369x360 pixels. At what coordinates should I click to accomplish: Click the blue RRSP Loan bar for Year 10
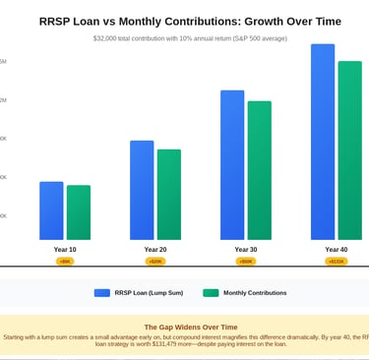pyautogui.click(x=51, y=210)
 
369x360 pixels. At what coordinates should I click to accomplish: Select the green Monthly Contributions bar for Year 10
pyautogui.click(x=78, y=212)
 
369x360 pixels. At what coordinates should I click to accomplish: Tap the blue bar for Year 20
pyautogui.click(x=142, y=190)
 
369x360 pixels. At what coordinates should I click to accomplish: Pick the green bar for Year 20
pyautogui.click(x=168, y=195)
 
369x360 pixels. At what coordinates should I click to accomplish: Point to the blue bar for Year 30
pyautogui.click(x=232, y=165)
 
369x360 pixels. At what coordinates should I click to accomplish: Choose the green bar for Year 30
pyautogui.click(x=259, y=170)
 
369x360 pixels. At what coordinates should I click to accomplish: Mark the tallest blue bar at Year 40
pyautogui.click(x=323, y=142)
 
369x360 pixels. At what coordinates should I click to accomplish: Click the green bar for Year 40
pyautogui.click(x=349, y=150)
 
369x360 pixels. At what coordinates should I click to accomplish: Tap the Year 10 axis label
pyautogui.click(x=65, y=250)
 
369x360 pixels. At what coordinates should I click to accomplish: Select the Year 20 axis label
pyautogui.click(x=155, y=250)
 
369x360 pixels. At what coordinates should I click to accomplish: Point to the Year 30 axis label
pyautogui.click(x=246, y=250)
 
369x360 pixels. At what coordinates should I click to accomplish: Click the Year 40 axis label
pyautogui.click(x=337, y=250)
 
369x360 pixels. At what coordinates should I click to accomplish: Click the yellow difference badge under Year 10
pyautogui.click(x=65, y=262)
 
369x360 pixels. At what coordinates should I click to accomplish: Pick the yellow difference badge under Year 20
pyautogui.click(x=155, y=262)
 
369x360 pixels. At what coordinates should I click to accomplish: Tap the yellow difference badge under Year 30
pyautogui.click(x=246, y=262)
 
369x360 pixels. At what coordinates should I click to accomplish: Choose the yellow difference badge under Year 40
pyautogui.click(x=337, y=262)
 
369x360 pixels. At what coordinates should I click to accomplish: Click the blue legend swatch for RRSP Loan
pyautogui.click(x=102, y=293)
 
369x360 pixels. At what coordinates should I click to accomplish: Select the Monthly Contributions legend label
pyautogui.click(x=255, y=293)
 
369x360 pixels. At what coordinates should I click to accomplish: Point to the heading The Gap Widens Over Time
pyautogui.click(x=191, y=327)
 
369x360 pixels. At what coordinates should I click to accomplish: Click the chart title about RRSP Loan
pyautogui.click(x=191, y=21)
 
